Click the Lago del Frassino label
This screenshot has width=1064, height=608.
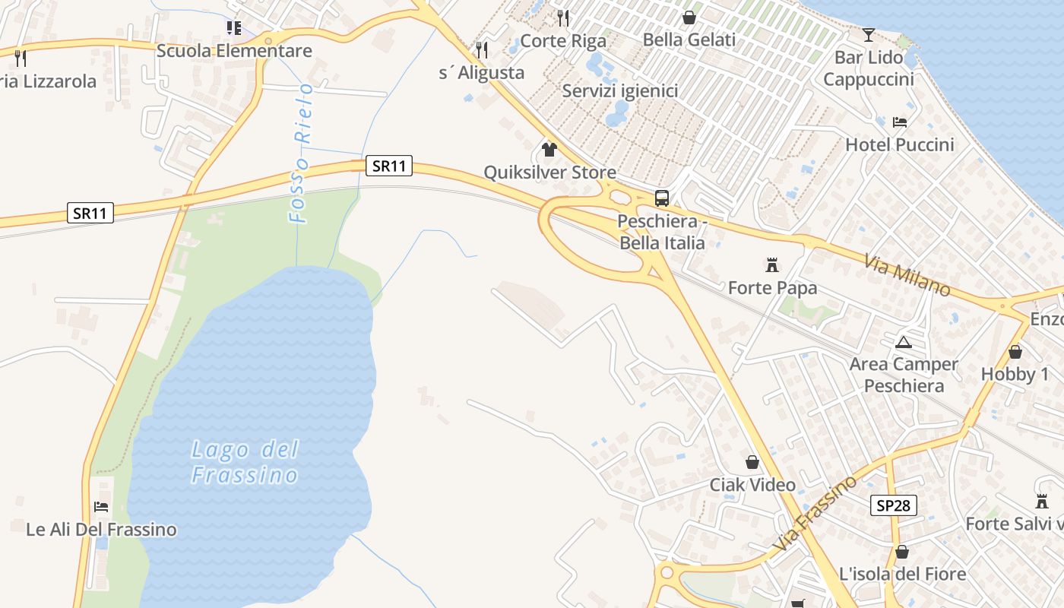point(245,462)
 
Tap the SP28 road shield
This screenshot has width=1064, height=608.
point(894,505)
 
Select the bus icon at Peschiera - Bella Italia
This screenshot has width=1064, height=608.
point(662,198)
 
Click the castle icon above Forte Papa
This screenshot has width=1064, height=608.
point(772,265)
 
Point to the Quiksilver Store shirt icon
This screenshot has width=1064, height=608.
point(549,149)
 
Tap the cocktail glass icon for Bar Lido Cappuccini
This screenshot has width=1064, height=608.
point(869,34)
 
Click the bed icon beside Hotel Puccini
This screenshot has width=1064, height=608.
point(900,122)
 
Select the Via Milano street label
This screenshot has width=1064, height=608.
point(907,275)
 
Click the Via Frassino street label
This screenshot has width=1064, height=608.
point(815,513)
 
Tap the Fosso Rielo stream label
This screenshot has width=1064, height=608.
point(302,153)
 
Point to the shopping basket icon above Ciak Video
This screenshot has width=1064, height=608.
point(752,462)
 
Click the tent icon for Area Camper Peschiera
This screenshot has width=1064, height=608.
point(903,342)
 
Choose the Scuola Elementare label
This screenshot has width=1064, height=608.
point(234,51)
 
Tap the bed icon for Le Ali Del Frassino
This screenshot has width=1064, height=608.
point(101,506)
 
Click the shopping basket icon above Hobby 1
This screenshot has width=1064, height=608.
point(1015,352)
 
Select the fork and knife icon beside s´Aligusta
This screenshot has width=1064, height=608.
point(481,50)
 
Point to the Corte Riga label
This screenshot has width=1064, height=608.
point(563,41)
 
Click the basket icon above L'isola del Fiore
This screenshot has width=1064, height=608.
point(902,552)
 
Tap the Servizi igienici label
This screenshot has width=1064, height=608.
point(620,91)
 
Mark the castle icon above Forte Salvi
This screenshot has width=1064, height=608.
point(1042,502)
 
